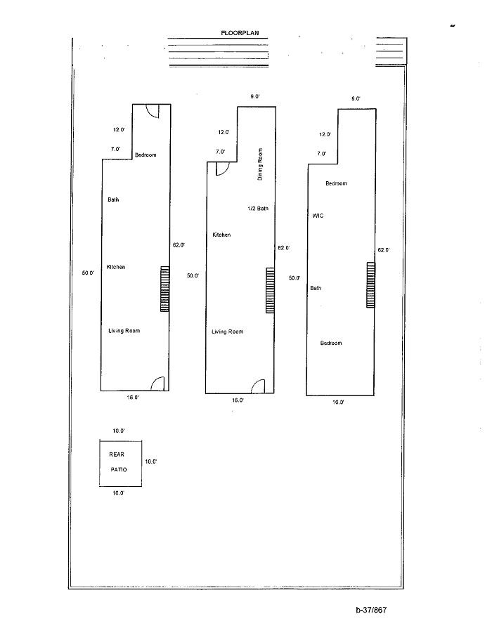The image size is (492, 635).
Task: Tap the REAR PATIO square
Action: [x=120, y=462]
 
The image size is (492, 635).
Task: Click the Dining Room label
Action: [x=260, y=164]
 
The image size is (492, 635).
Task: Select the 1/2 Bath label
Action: [x=258, y=209]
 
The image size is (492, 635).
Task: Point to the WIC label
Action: [x=318, y=216]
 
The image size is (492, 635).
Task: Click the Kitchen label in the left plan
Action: [x=116, y=267]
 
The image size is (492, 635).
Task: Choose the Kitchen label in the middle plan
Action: [x=221, y=235]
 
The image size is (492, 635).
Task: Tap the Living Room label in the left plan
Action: [x=124, y=331]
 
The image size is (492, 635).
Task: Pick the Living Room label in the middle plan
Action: [x=227, y=332]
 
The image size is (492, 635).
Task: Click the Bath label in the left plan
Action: [x=113, y=200]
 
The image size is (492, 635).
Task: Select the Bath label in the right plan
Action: [x=316, y=288]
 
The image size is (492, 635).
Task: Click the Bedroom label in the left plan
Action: [x=145, y=155]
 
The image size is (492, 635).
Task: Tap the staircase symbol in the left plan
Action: [x=165, y=289]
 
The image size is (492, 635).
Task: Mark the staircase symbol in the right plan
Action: [x=370, y=284]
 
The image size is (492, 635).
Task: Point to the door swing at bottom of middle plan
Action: [x=258, y=386]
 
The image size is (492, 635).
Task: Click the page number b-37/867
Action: [x=371, y=610]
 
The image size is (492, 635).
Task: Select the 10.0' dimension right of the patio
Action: [x=151, y=461]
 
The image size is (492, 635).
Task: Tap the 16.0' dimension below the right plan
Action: [x=338, y=402]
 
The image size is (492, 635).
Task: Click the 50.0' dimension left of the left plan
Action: [x=88, y=273]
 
